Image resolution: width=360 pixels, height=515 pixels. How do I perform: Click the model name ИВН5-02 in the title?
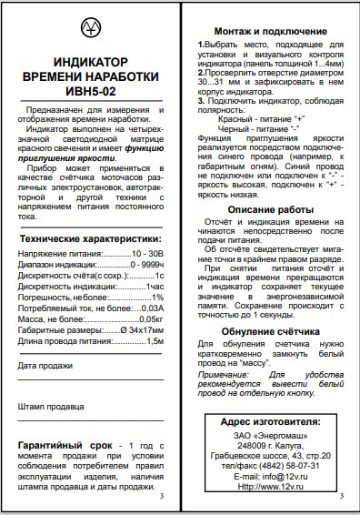90,91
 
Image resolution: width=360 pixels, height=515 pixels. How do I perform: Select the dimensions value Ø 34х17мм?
141,330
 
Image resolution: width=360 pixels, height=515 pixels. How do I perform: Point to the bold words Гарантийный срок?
58,445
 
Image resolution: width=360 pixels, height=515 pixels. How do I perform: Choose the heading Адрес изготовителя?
270,423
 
